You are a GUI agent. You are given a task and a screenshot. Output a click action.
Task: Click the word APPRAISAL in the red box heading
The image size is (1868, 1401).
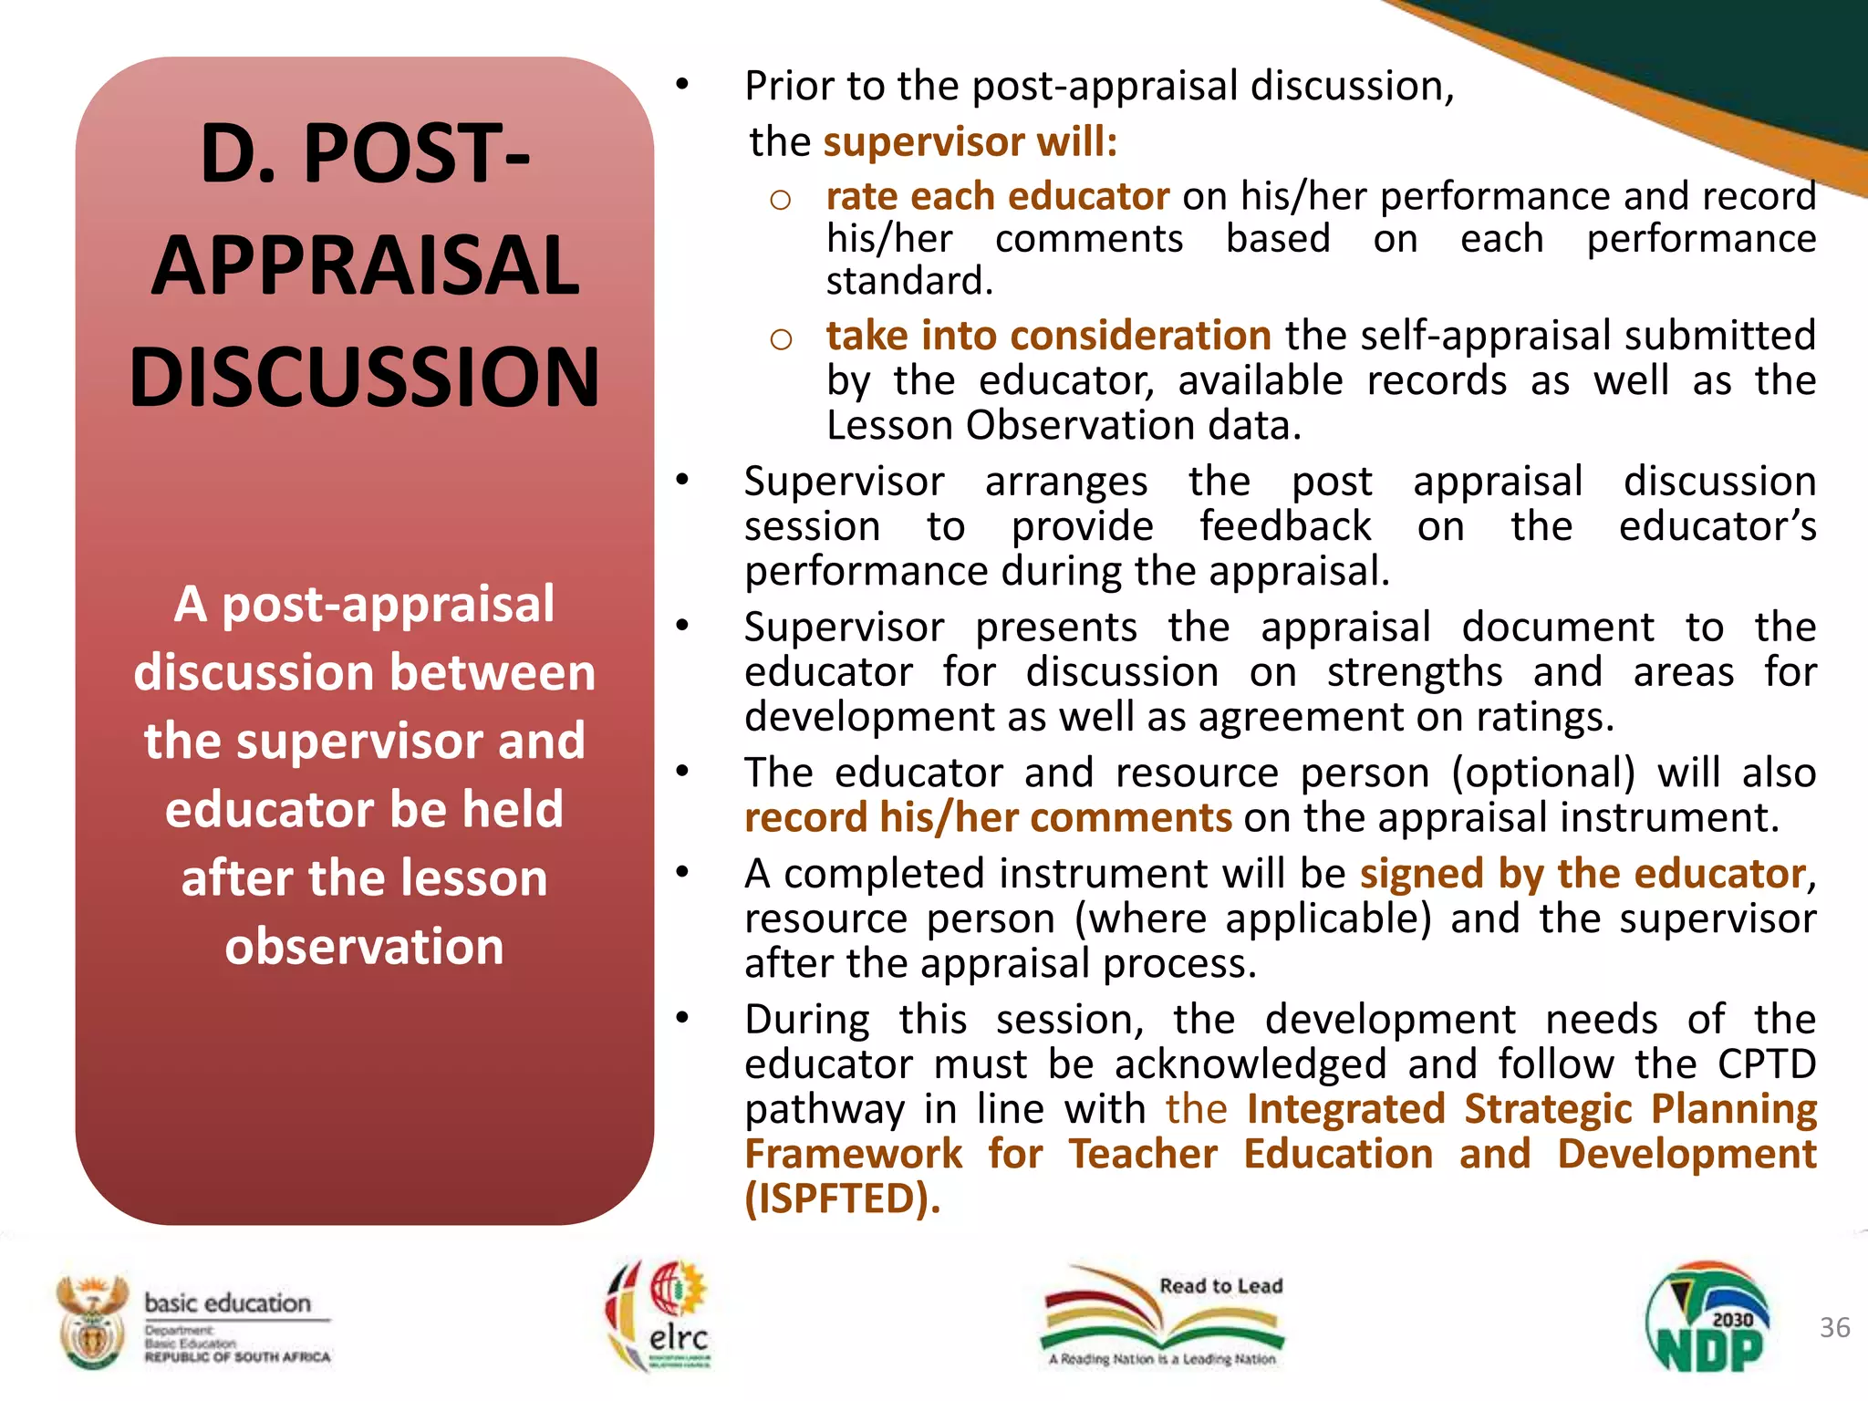tap(365, 265)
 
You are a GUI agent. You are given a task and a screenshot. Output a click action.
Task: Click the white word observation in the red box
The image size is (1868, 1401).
tap(364, 946)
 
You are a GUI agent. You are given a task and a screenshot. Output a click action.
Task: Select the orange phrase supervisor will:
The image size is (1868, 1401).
tap(970, 142)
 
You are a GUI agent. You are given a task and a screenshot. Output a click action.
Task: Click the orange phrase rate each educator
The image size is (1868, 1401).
tap(997, 196)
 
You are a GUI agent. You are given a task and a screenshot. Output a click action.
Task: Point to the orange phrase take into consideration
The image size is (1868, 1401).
tap(1048, 336)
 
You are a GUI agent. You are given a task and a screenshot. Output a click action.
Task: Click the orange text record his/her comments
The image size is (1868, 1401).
tap(988, 817)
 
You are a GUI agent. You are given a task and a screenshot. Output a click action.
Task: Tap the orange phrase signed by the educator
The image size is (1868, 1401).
tap(1582, 874)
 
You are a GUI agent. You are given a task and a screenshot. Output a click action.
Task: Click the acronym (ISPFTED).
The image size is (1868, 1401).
tap(842, 1199)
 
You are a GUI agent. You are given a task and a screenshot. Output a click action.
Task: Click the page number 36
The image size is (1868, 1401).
tap(1834, 1327)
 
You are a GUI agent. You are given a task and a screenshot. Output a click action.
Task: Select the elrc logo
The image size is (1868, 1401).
tap(659, 1315)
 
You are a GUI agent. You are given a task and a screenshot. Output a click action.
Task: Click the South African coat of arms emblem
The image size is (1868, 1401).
tap(90, 1321)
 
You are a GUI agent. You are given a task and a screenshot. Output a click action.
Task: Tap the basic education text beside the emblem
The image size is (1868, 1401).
tap(228, 1302)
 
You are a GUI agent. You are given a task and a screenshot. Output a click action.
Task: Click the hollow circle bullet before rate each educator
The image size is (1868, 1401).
tap(780, 200)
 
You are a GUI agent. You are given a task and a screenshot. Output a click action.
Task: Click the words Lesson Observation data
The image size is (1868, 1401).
tap(1063, 426)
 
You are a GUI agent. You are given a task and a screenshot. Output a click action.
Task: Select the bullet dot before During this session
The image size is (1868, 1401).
tap(682, 1017)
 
